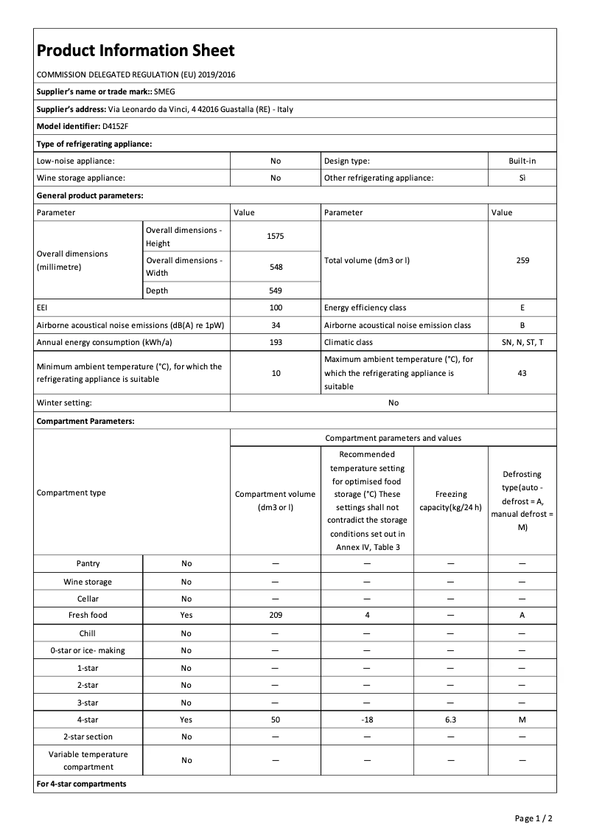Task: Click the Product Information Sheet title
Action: [136, 51]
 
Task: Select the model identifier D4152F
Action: [115, 126]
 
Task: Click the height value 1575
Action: [276, 237]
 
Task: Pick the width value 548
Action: [276, 267]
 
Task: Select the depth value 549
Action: [276, 290]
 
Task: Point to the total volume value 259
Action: [522, 260]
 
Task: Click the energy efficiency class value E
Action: [522, 307]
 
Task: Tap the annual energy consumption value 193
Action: [276, 342]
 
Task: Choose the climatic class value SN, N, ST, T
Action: [522, 342]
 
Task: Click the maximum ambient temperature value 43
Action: [522, 373]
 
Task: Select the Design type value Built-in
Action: [522, 161]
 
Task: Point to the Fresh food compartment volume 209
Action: [276, 615]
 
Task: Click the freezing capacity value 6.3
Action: [450, 720]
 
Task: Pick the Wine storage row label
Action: [88, 582]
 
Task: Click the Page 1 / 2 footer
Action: [534, 818]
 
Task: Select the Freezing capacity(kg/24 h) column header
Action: [450, 501]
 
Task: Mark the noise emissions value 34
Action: [276, 325]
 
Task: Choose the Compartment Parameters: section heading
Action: [85, 421]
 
